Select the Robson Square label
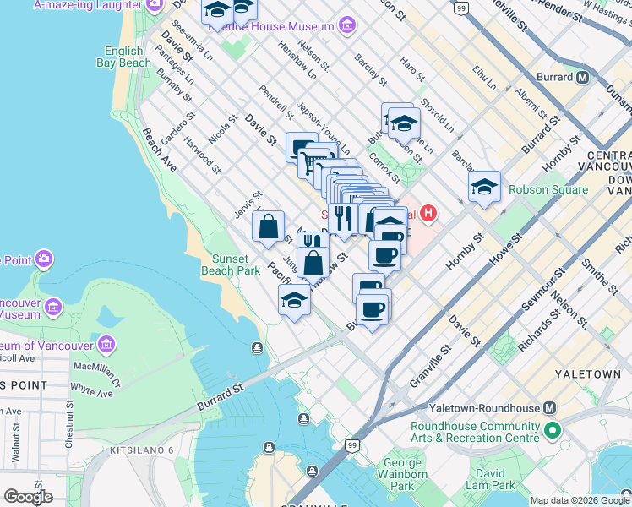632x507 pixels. [548, 190]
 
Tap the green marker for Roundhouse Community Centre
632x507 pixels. [553, 432]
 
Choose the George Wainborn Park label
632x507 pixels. [403, 474]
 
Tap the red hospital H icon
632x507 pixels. [428, 212]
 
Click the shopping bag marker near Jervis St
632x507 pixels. [268, 226]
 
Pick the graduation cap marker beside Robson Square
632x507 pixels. [485, 187]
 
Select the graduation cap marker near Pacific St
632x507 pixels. [294, 301]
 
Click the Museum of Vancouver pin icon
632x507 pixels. [107, 345]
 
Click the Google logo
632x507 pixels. [28, 497]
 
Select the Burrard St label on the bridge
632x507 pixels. [221, 398]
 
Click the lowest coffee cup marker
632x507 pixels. [373, 309]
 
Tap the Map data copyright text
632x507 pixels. [579, 500]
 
